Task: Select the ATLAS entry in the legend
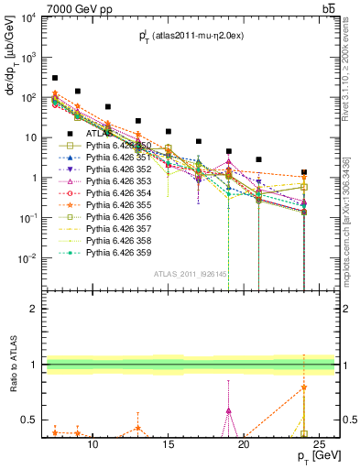click(x=100, y=133)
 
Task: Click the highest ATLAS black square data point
click(x=55, y=79)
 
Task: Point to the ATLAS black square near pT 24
click(x=304, y=172)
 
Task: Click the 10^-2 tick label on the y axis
click(x=26, y=258)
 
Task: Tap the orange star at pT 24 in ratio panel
click(x=304, y=387)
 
